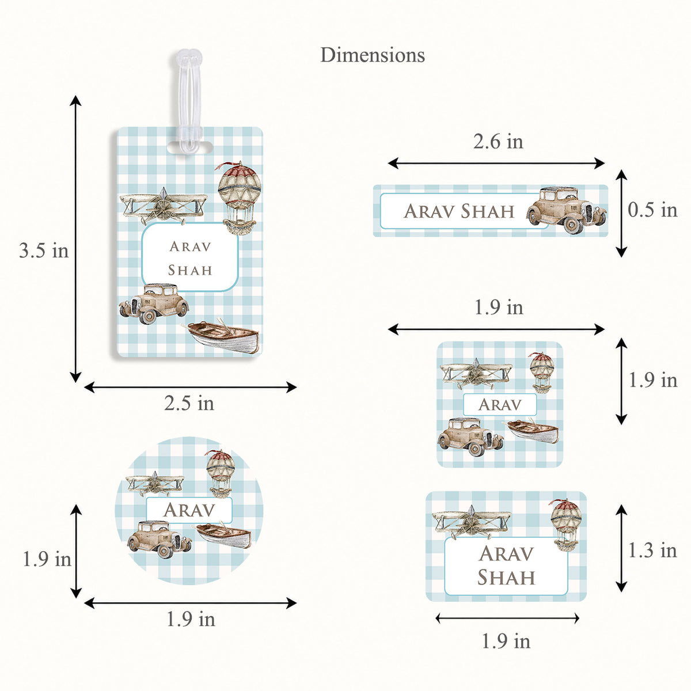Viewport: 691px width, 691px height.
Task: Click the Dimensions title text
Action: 372,55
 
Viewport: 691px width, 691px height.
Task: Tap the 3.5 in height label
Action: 44,250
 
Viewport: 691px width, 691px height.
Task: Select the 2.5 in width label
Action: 189,403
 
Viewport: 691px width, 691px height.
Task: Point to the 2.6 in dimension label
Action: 498,141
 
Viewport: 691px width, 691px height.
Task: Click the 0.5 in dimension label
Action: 652,210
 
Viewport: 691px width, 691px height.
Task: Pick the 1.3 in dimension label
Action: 652,550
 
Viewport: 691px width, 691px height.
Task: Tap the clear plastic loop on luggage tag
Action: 189,102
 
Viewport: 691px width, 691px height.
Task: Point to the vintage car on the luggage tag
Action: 154,303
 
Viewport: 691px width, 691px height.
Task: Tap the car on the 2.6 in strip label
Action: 566,210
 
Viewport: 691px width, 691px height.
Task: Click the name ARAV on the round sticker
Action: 189,510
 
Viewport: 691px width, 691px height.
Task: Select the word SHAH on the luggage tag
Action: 190,270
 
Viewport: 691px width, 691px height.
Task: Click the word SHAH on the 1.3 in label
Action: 506,578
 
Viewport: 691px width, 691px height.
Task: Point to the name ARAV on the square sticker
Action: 499,405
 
